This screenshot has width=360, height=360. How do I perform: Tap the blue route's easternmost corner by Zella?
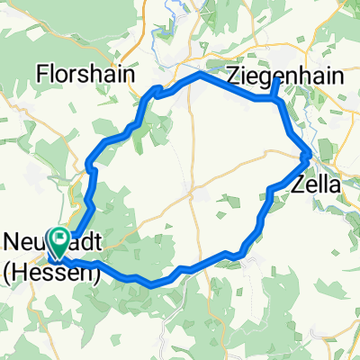pos(311,155)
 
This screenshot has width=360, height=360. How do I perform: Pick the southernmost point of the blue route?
pos(155,284)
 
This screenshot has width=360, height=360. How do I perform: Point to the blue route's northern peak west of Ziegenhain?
pos(199,75)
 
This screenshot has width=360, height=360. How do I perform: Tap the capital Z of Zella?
pos(299,186)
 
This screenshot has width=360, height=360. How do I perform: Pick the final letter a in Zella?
pos(335,186)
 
